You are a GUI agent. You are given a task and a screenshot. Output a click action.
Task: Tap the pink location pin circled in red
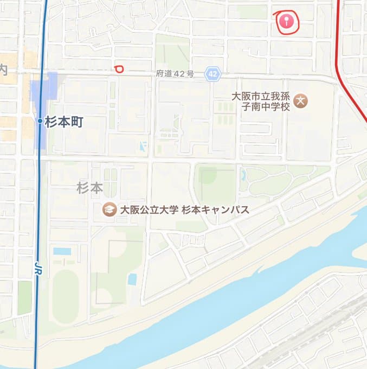click(287, 21)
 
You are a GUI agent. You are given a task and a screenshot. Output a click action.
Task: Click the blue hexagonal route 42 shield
click(213, 74)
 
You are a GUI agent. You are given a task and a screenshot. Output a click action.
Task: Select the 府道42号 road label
click(175, 73)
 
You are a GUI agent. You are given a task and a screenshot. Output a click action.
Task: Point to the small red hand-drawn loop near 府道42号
click(119, 68)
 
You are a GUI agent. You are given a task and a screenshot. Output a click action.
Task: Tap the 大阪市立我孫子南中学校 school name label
click(261, 101)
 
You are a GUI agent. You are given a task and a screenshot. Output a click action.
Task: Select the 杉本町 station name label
click(64, 122)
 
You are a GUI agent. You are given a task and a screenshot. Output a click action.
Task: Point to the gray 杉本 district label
click(89, 188)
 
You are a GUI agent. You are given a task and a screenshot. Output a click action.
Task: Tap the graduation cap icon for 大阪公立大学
click(110, 209)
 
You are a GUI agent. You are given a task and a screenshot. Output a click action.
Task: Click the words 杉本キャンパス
click(215, 209)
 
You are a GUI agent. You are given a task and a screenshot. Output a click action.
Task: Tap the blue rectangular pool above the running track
click(62, 251)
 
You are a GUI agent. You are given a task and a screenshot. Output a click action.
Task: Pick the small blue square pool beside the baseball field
click(132, 279)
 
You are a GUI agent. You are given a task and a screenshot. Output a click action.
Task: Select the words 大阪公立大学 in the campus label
click(148, 209)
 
